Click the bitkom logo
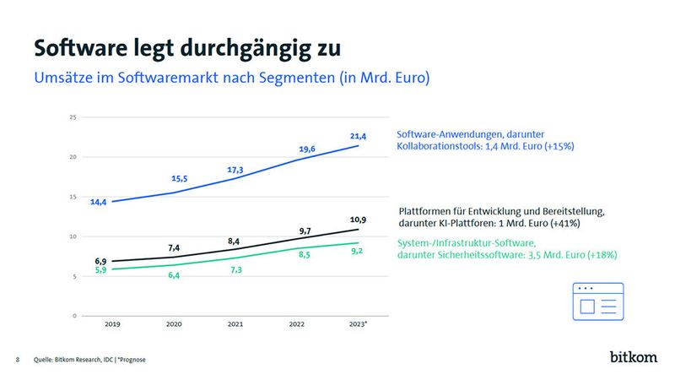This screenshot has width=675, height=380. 633,357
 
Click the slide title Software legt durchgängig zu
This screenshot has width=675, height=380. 187,46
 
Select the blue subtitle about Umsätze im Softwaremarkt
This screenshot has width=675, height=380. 232,79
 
